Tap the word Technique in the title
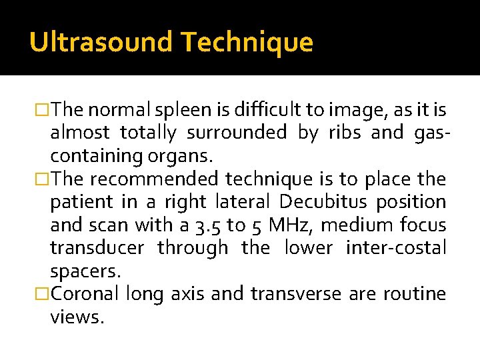pos(247,42)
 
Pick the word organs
pos(183,157)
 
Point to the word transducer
pos(97,248)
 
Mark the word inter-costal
pos(396,248)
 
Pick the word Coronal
pos(84,294)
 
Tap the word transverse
pos(299,294)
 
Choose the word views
pos(77,317)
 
